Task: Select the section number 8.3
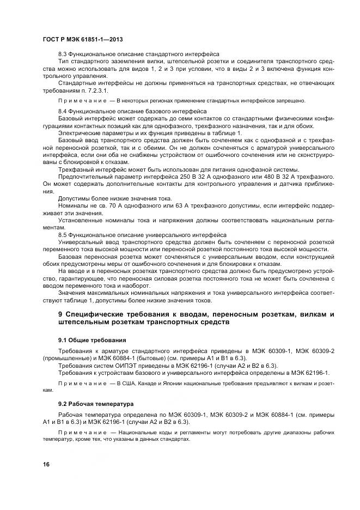click(x=63, y=54)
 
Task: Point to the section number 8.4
click(x=63, y=111)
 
